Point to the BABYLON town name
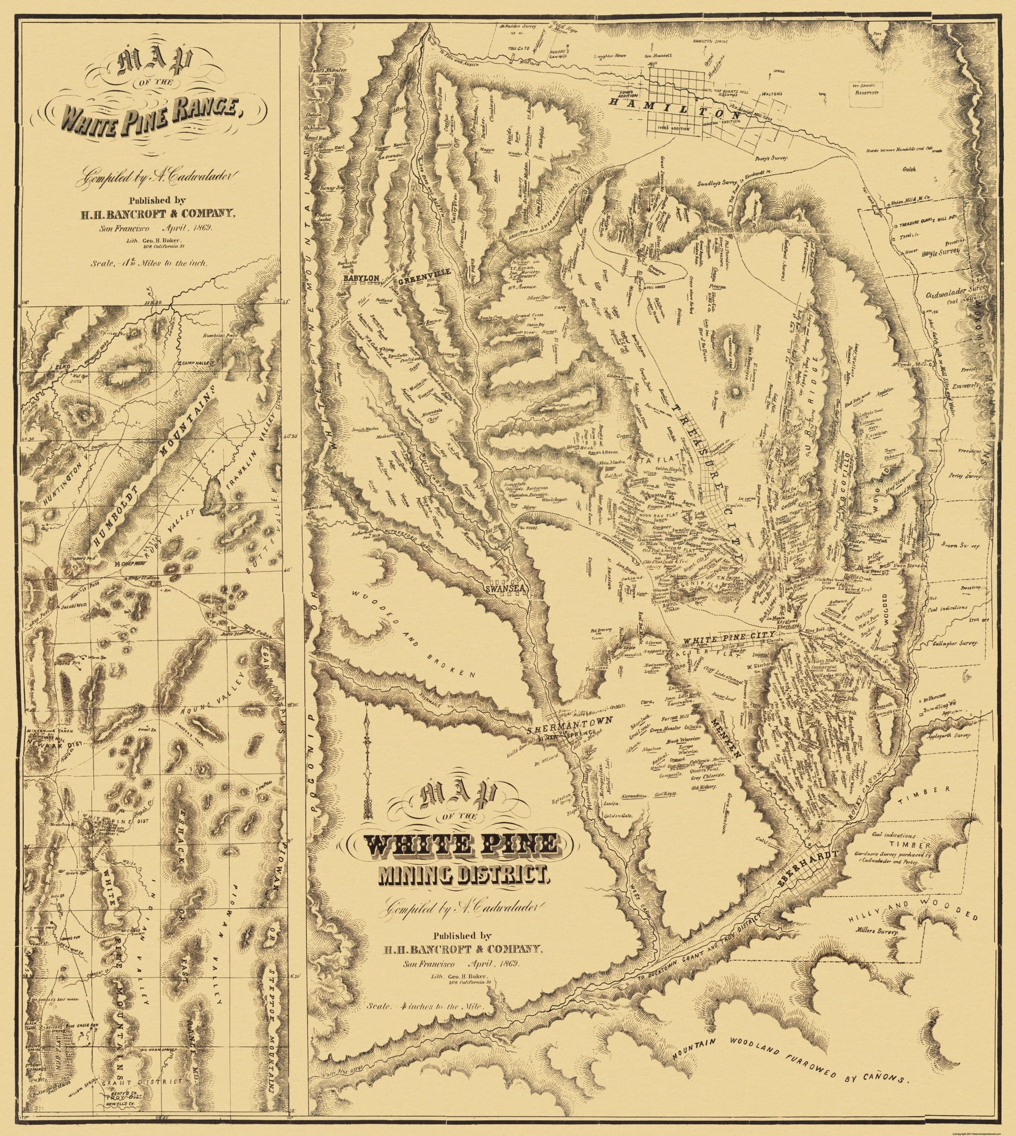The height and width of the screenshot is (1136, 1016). coord(362,278)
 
